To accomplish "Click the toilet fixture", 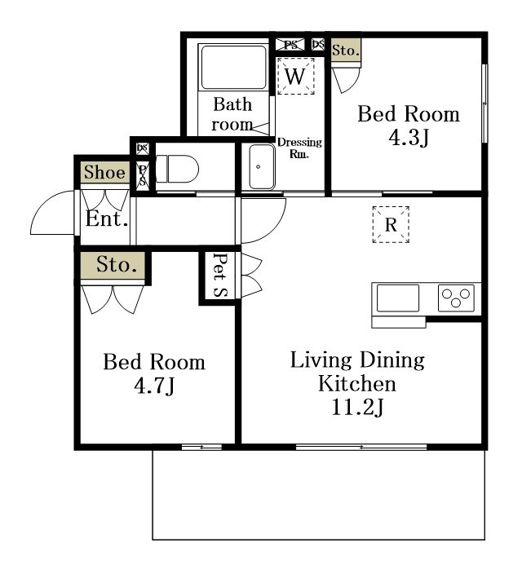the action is click(177, 169).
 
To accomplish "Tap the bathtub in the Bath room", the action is click(233, 68).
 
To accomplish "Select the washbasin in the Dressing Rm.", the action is click(262, 166).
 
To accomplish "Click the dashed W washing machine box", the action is click(296, 76).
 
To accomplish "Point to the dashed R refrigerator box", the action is click(391, 225).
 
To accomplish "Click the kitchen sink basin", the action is click(398, 298).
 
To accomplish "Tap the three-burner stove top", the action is click(456, 298).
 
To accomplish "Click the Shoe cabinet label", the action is click(104, 172).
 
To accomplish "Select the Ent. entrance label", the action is click(107, 218).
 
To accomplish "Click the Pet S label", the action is click(220, 276).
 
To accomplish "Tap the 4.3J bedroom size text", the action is click(409, 138).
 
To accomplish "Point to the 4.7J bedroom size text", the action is click(154, 385).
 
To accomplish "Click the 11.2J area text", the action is click(357, 407).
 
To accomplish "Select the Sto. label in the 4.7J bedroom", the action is click(117, 265).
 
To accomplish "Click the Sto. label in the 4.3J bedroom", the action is click(346, 51).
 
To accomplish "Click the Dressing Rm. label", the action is click(299, 148).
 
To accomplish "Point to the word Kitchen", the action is click(357, 384).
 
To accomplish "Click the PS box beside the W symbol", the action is click(290, 45).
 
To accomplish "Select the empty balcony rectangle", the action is click(319, 495).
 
